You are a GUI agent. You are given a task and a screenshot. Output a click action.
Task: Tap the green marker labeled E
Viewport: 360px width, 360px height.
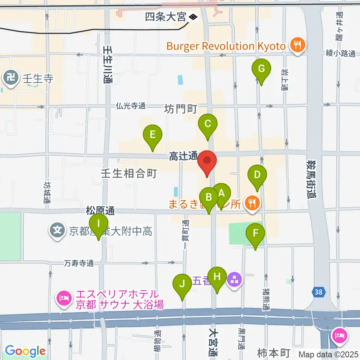pos(153,135)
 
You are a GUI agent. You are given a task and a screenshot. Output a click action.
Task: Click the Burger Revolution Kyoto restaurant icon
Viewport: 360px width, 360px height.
pos(298,46)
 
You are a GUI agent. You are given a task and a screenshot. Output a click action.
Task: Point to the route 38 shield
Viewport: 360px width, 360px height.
pos(318,291)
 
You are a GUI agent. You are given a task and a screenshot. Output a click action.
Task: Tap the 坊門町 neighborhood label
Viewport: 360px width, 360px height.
pos(181,109)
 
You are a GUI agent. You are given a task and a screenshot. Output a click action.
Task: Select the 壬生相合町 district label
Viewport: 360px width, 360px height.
pos(129,173)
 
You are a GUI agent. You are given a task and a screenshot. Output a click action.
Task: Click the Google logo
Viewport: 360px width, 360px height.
pos(25,351)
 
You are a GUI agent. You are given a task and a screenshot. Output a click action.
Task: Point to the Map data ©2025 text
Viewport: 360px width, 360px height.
pos(329,354)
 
